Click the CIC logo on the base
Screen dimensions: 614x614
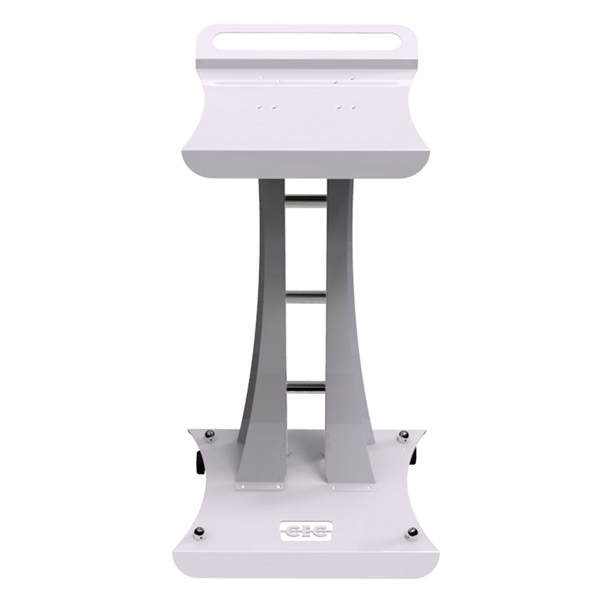(306, 530)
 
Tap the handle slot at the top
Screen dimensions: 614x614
(306, 42)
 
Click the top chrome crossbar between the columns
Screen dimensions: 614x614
(306, 199)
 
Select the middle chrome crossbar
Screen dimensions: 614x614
(306, 297)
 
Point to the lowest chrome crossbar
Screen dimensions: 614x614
(306, 387)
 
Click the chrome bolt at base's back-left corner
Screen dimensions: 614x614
(210, 435)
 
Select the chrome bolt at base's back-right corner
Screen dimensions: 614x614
(404, 436)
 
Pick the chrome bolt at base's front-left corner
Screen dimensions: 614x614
(200, 533)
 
